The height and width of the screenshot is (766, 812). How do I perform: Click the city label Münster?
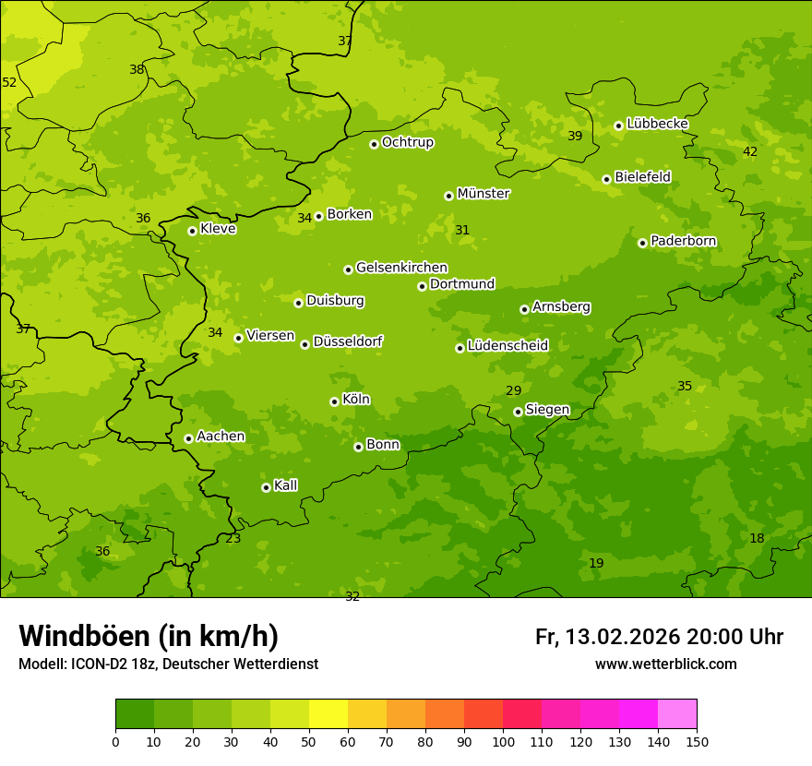483,194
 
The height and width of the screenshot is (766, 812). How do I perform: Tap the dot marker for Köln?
334,401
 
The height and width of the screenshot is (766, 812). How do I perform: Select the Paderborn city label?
683,241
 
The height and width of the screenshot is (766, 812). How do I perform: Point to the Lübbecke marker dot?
618,126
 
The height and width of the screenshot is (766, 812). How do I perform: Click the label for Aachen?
221,437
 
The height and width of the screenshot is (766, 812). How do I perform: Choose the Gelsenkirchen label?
401,268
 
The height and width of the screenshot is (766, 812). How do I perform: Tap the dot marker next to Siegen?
518,412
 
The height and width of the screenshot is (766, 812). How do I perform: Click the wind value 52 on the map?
9,82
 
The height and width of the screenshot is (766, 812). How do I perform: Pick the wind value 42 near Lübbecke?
750,151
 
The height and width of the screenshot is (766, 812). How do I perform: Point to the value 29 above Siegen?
513,390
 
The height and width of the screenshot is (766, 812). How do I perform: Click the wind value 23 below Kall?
233,538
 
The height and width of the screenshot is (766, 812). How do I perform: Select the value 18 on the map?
757,538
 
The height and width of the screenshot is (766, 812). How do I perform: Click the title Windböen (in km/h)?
149,636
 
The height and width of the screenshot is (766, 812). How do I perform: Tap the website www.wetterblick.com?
665,664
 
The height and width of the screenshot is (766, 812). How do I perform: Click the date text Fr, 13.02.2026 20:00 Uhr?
659,637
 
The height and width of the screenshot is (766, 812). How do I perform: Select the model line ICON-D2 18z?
168,664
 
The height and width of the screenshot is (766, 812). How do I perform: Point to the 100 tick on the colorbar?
503,740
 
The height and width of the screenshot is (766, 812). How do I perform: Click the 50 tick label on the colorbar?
309,740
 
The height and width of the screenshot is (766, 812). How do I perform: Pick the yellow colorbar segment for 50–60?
328,713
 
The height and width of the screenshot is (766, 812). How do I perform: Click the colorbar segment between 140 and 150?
677,713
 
